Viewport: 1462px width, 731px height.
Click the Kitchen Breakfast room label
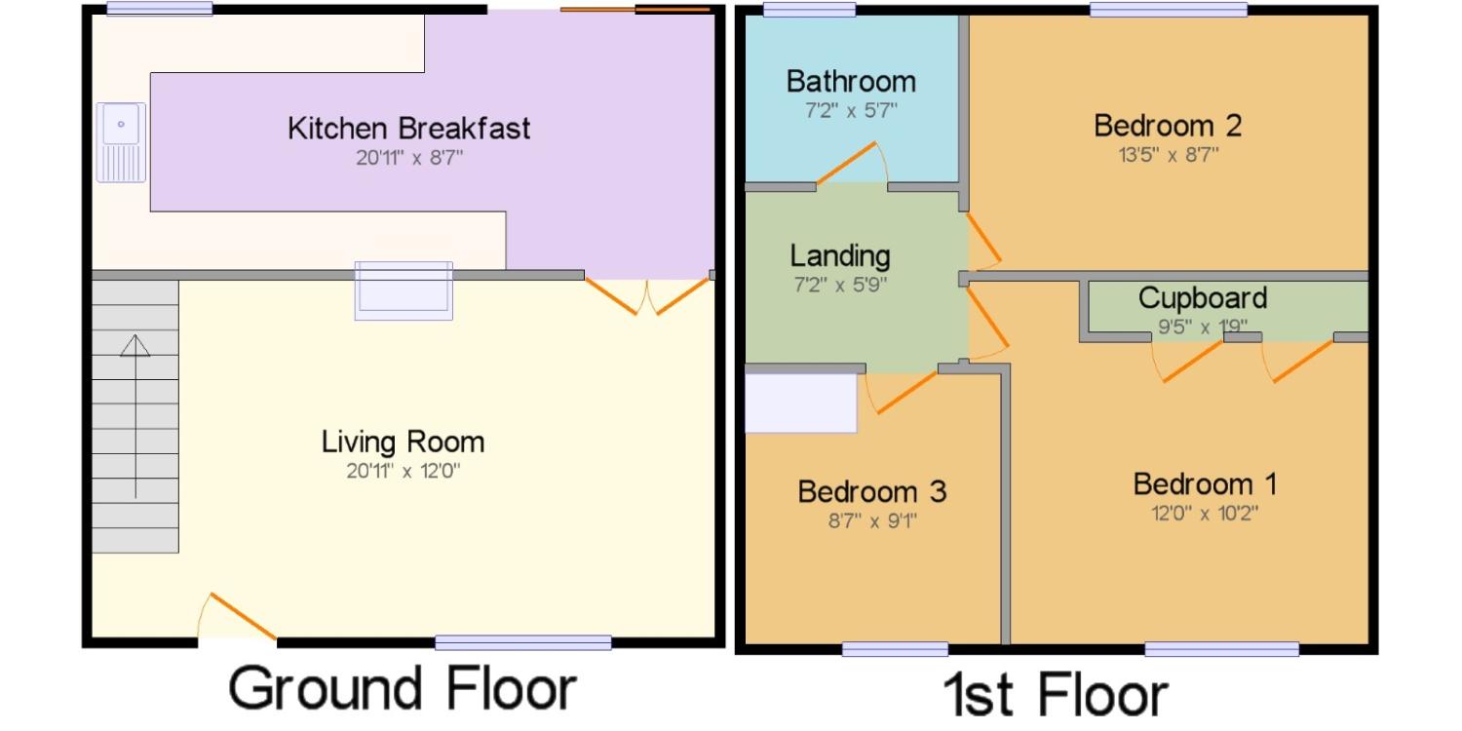(x=408, y=129)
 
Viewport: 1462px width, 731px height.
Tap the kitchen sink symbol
(x=121, y=142)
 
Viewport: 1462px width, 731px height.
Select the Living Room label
(x=403, y=442)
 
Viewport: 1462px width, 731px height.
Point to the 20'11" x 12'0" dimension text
(x=403, y=471)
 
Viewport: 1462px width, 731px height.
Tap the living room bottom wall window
(x=522, y=643)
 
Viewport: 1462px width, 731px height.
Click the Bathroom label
(x=851, y=82)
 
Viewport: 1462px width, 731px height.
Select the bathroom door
(x=852, y=163)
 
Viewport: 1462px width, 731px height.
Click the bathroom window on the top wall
(x=809, y=9)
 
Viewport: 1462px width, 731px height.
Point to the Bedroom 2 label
(x=1168, y=126)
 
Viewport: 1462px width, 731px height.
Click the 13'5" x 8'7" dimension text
(x=1169, y=155)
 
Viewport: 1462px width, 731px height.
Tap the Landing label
(x=840, y=255)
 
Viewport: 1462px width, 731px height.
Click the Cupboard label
(x=1203, y=298)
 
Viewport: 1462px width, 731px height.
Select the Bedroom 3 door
(x=902, y=392)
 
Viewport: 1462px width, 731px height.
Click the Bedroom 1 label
(x=1205, y=484)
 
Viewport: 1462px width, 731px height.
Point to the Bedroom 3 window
(x=895, y=649)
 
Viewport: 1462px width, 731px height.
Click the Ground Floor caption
(x=403, y=688)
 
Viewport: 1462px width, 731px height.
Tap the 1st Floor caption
(x=1056, y=695)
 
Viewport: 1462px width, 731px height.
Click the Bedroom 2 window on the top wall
(x=1169, y=9)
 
